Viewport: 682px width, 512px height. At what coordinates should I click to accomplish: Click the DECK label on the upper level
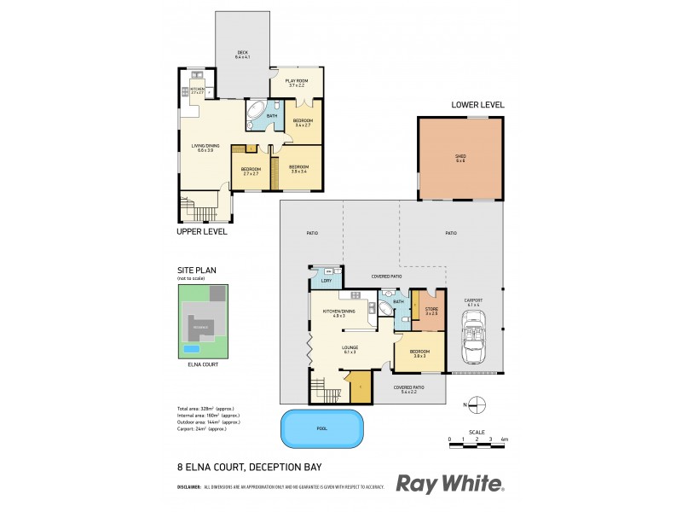click(242, 54)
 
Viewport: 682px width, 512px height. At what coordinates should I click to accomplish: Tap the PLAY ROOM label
click(296, 83)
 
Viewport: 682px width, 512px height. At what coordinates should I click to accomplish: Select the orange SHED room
click(460, 158)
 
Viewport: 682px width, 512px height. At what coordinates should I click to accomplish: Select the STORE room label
click(430, 311)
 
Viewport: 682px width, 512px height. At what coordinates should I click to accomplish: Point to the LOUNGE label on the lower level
click(350, 347)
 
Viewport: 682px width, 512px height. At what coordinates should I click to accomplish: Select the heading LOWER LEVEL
click(477, 105)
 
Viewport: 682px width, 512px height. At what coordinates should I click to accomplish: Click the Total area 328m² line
click(205, 409)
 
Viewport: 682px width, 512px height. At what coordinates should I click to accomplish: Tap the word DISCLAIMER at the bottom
click(188, 487)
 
